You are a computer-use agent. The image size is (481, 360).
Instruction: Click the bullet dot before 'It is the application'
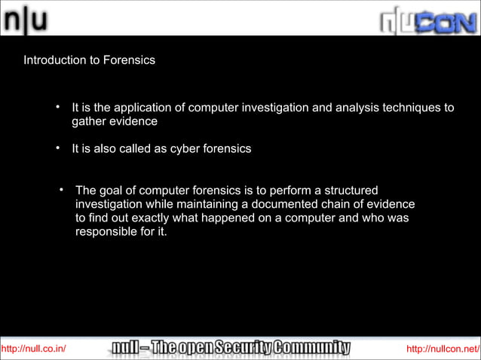pos(57,107)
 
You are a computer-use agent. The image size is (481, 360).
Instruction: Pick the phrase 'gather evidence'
pos(115,121)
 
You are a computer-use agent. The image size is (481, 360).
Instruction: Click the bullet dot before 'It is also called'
pos(57,148)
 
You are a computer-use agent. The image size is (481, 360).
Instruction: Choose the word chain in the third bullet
pos(317,204)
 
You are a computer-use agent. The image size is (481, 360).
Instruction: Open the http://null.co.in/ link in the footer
pos(34,348)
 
